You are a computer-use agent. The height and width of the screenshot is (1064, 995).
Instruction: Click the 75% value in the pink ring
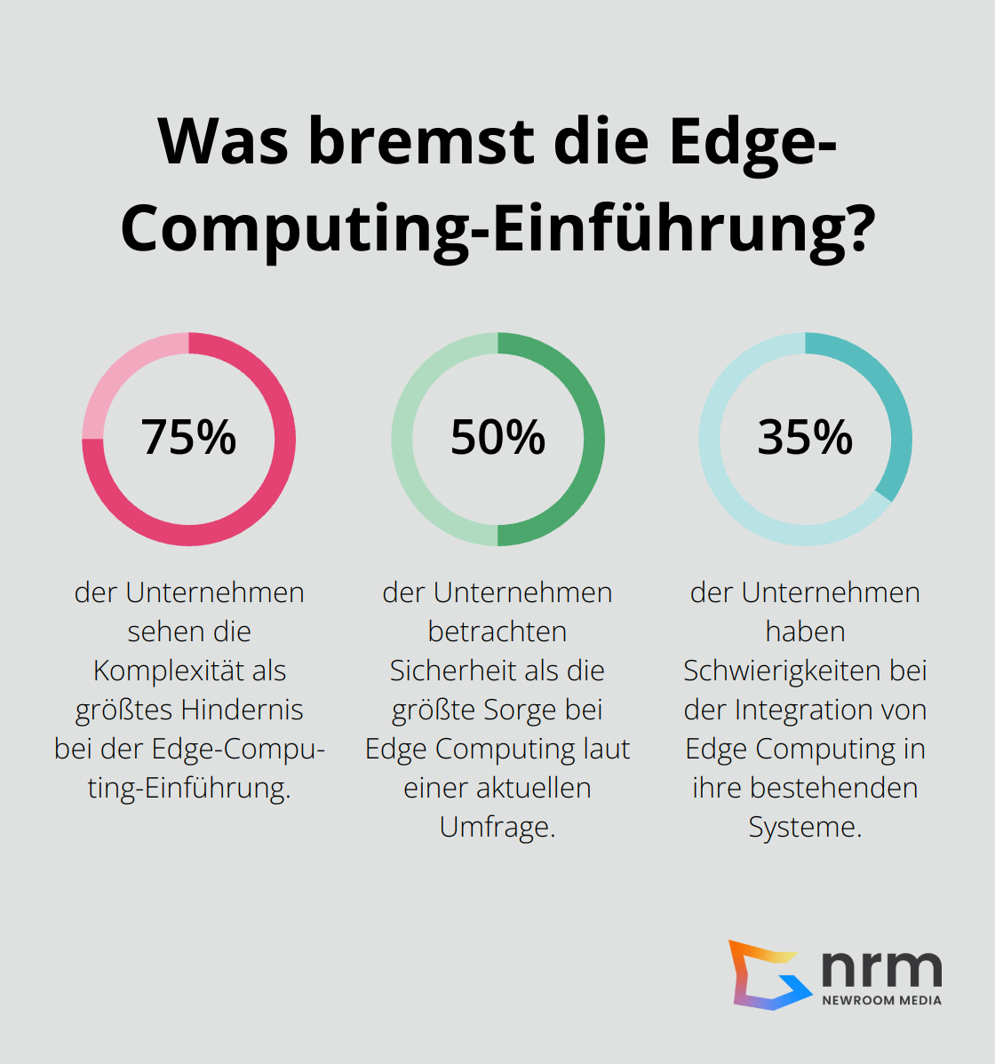pos(188,437)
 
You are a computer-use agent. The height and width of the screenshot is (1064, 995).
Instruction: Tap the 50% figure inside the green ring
pos(497,437)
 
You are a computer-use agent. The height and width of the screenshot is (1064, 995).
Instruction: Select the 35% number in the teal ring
pos(805,437)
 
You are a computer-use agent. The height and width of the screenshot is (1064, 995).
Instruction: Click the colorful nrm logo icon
pos(766,974)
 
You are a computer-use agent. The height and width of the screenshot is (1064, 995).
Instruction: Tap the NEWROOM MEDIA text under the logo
pos(881,1000)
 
